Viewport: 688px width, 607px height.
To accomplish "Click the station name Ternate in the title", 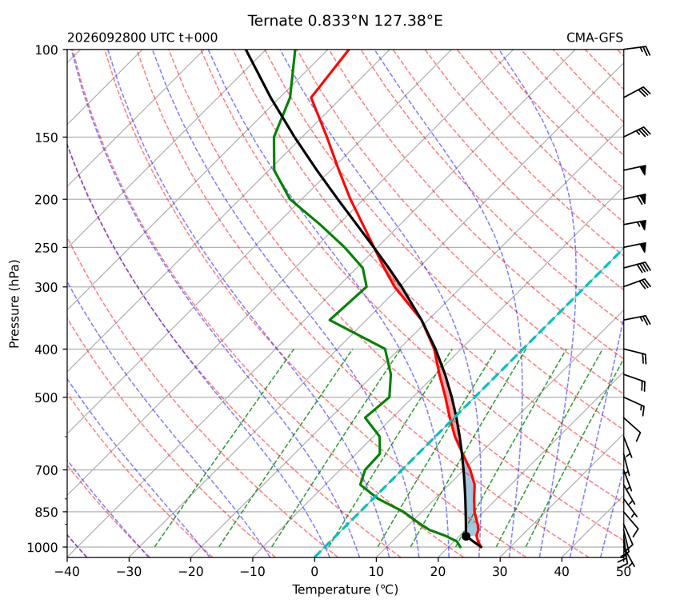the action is [x=275, y=21].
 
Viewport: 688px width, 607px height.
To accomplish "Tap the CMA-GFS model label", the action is [x=594, y=38].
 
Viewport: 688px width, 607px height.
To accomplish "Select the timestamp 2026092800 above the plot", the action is [x=106, y=38].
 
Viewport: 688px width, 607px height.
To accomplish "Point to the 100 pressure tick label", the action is [x=46, y=50].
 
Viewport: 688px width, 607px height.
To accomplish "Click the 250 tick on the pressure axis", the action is [x=46, y=248].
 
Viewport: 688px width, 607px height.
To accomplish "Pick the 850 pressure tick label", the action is [x=46, y=512].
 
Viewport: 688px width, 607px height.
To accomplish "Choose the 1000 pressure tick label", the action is [x=43, y=547].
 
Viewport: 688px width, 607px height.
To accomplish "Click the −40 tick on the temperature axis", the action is [x=67, y=572].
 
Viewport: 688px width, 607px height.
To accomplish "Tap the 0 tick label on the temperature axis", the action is [x=314, y=572].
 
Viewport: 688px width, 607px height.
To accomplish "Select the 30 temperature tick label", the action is [x=500, y=572].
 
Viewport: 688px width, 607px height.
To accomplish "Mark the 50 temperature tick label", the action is [x=623, y=572].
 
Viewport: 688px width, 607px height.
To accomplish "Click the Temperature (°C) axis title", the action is [x=346, y=589].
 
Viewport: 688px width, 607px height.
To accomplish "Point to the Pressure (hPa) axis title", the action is [x=14, y=304].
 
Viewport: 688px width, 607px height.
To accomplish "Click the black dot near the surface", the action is [x=466, y=536].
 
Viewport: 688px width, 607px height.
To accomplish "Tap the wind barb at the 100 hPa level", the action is [x=637, y=50].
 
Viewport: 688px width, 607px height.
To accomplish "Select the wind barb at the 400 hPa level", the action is [x=635, y=356].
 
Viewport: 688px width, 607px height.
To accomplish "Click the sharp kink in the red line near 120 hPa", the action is [x=311, y=98].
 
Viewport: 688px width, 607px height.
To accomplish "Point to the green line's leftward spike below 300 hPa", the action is [x=330, y=320].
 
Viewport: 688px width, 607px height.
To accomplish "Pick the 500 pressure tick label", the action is [x=46, y=397].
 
